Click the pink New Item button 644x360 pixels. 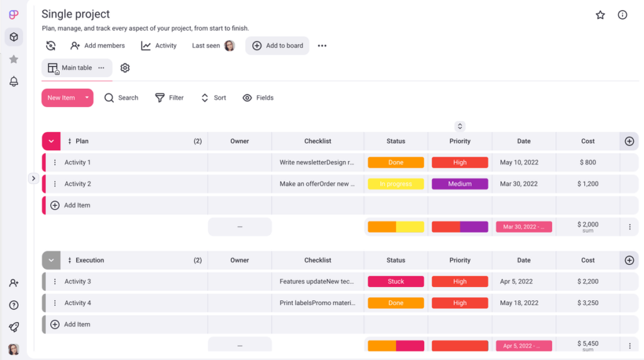(x=61, y=98)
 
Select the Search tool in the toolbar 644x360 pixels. (x=121, y=98)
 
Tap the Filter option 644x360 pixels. (x=169, y=98)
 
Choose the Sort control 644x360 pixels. (x=213, y=98)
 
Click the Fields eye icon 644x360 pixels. (x=247, y=98)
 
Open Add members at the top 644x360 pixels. (x=97, y=45)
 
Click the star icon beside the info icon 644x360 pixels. (x=600, y=15)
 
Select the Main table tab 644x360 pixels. (x=76, y=68)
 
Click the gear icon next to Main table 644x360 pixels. (x=125, y=68)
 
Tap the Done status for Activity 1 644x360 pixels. (x=396, y=162)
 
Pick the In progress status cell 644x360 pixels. (x=396, y=184)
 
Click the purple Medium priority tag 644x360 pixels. (x=460, y=184)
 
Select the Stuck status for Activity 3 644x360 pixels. (x=396, y=281)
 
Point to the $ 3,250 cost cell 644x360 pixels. (x=587, y=303)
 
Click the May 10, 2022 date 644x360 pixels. (x=519, y=162)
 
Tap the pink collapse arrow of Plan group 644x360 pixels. (x=51, y=141)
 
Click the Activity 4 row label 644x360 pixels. (x=77, y=303)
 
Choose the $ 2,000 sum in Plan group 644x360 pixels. (x=587, y=225)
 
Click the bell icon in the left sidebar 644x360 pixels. (x=14, y=81)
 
